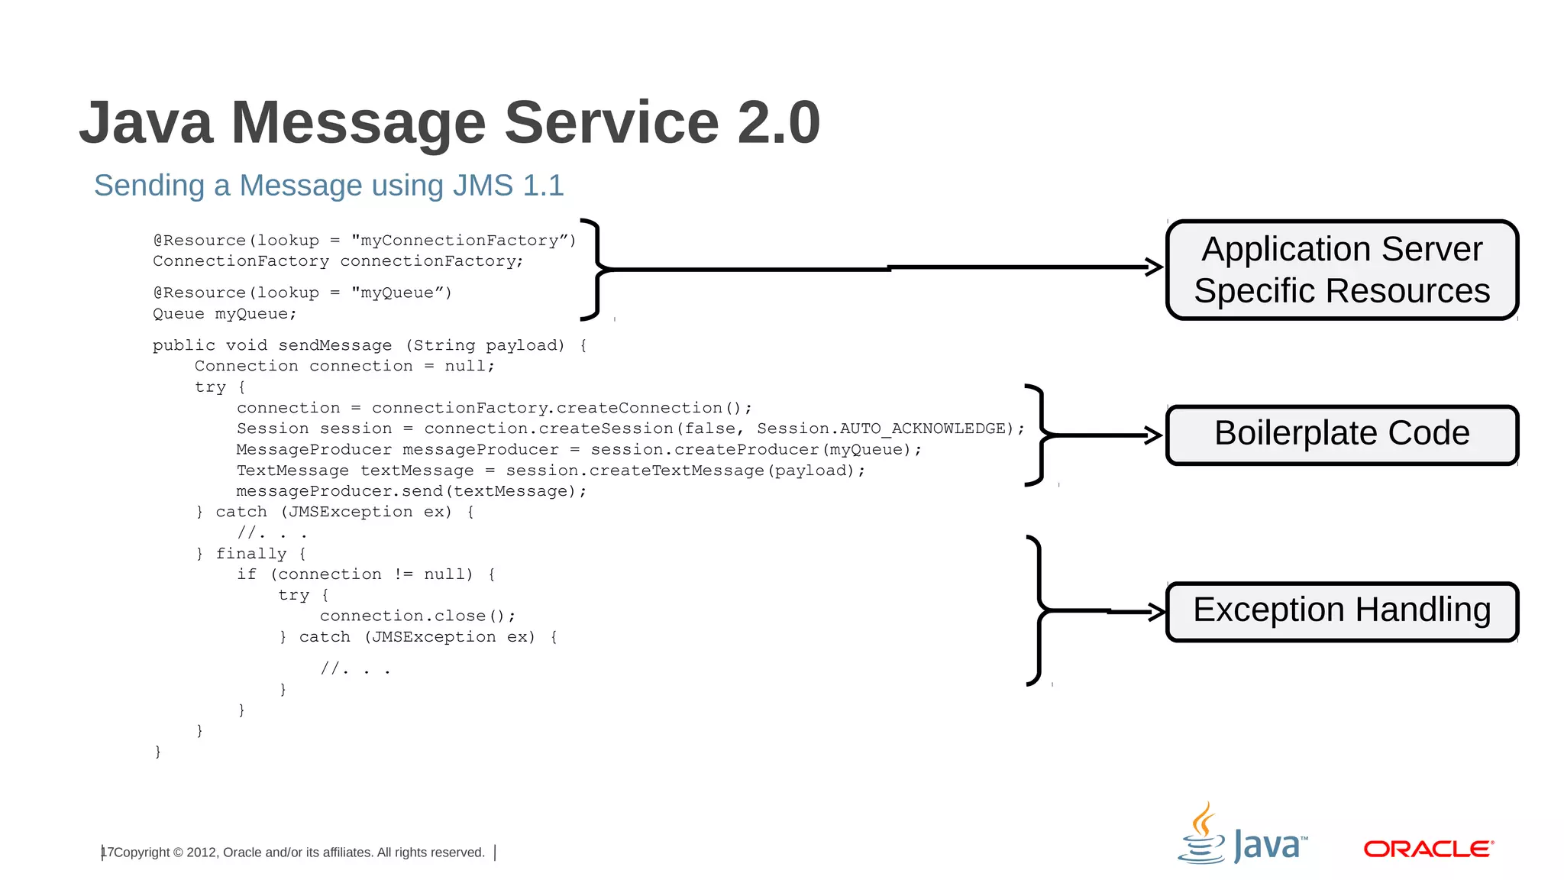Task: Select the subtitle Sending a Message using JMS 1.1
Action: (x=328, y=186)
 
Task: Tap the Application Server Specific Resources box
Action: (x=1342, y=270)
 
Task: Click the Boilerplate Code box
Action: (x=1342, y=434)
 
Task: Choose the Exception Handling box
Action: (x=1342, y=611)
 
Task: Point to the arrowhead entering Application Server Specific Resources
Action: (x=1154, y=267)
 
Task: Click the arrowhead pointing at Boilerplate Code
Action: (x=1154, y=435)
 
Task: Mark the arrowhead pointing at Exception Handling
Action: (x=1157, y=611)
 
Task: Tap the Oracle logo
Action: (x=1428, y=849)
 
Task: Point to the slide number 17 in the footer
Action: (x=107, y=852)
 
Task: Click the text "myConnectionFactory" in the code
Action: (x=462, y=241)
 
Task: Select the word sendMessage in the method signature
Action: (x=334, y=345)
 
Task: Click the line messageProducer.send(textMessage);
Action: (x=412, y=491)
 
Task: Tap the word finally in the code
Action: (x=251, y=554)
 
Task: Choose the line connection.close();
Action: (x=418, y=616)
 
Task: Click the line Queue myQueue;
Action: (x=225, y=314)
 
